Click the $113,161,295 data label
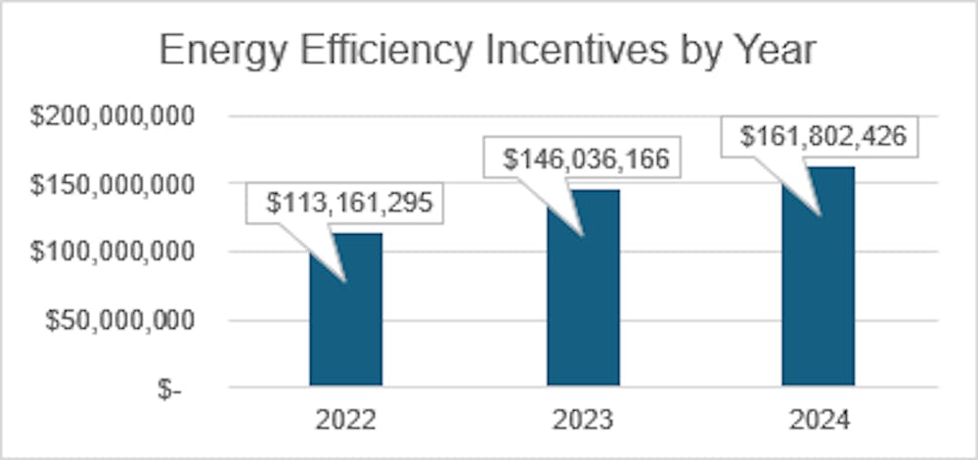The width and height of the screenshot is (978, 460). coord(349,204)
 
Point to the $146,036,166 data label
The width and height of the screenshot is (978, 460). coord(587,159)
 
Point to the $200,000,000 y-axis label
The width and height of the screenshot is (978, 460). coord(112,116)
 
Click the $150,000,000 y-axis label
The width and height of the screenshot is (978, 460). coord(112,184)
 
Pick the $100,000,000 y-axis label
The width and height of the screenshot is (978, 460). coord(112,253)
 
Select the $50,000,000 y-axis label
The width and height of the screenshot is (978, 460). coord(120,320)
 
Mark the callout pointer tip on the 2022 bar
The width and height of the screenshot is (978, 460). coord(343,282)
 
